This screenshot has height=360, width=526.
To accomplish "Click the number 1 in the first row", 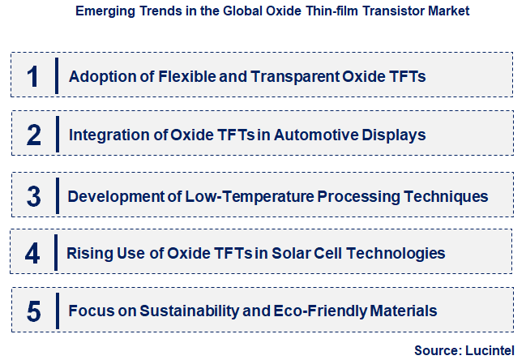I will [x=32, y=76].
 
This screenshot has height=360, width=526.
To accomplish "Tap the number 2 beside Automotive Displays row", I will [x=33, y=135].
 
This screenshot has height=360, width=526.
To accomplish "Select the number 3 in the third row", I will [x=33, y=196].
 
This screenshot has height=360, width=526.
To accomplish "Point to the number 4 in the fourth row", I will [x=32, y=254].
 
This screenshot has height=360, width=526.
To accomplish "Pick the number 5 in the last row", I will [x=33, y=311].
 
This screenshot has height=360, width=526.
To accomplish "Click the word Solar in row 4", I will [x=292, y=253].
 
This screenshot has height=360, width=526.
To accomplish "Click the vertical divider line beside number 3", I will [x=57, y=195].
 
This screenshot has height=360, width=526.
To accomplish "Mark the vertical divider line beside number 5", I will [x=57, y=311].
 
